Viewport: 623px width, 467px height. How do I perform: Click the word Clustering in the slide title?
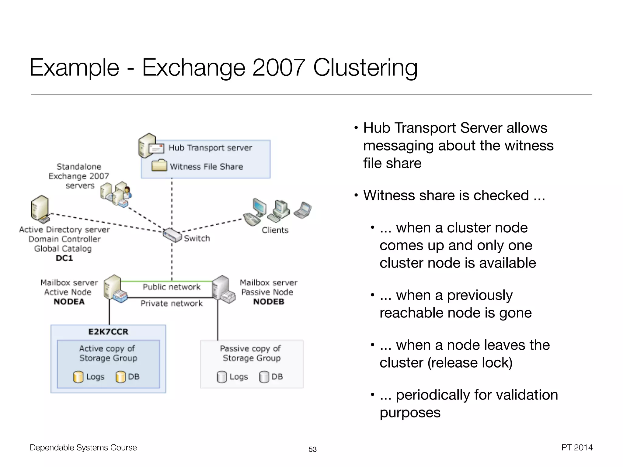[365, 67]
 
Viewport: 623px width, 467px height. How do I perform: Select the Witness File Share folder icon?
[159, 165]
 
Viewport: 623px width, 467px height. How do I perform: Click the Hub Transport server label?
[210, 148]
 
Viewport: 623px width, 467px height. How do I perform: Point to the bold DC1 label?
[64, 258]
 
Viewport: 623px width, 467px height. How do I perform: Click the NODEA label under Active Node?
[69, 302]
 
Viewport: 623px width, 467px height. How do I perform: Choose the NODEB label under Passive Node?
[269, 302]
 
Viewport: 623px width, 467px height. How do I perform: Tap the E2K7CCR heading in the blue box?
[108, 332]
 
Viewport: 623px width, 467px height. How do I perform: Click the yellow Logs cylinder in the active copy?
[78, 377]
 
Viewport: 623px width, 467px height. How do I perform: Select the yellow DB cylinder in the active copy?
[120, 377]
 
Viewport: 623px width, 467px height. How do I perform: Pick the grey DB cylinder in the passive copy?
[264, 377]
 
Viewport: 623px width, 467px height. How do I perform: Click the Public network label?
[172, 287]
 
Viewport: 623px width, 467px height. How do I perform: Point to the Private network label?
[172, 303]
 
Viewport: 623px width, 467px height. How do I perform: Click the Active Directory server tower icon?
[40, 209]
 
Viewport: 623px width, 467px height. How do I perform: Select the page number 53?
[312, 449]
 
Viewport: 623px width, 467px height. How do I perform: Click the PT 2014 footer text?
[577, 448]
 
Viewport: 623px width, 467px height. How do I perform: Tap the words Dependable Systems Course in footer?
[83, 448]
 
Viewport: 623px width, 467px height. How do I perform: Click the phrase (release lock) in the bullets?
[470, 363]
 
